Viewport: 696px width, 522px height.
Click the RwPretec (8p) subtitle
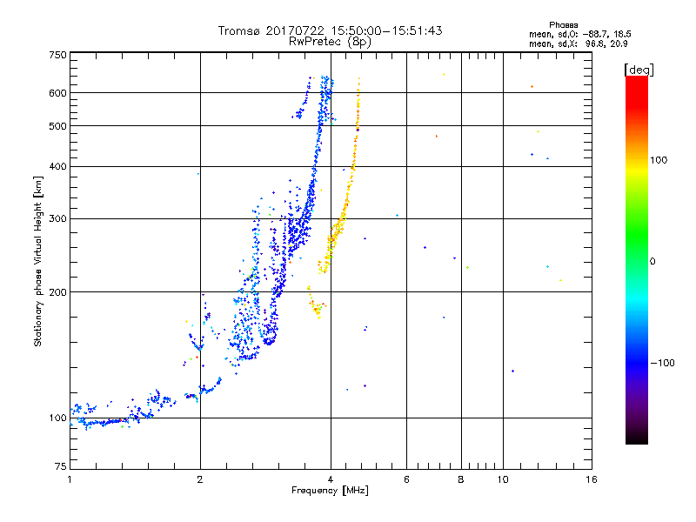pos(331,41)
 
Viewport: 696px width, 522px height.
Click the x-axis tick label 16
pos(591,479)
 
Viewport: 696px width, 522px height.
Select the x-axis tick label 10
pos(502,479)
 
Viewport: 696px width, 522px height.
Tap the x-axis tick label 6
pos(406,479)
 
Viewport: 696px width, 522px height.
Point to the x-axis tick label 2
pos(200,479)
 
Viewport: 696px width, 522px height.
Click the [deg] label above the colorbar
pos(639,69)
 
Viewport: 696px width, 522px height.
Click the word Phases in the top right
pos(564,24)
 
